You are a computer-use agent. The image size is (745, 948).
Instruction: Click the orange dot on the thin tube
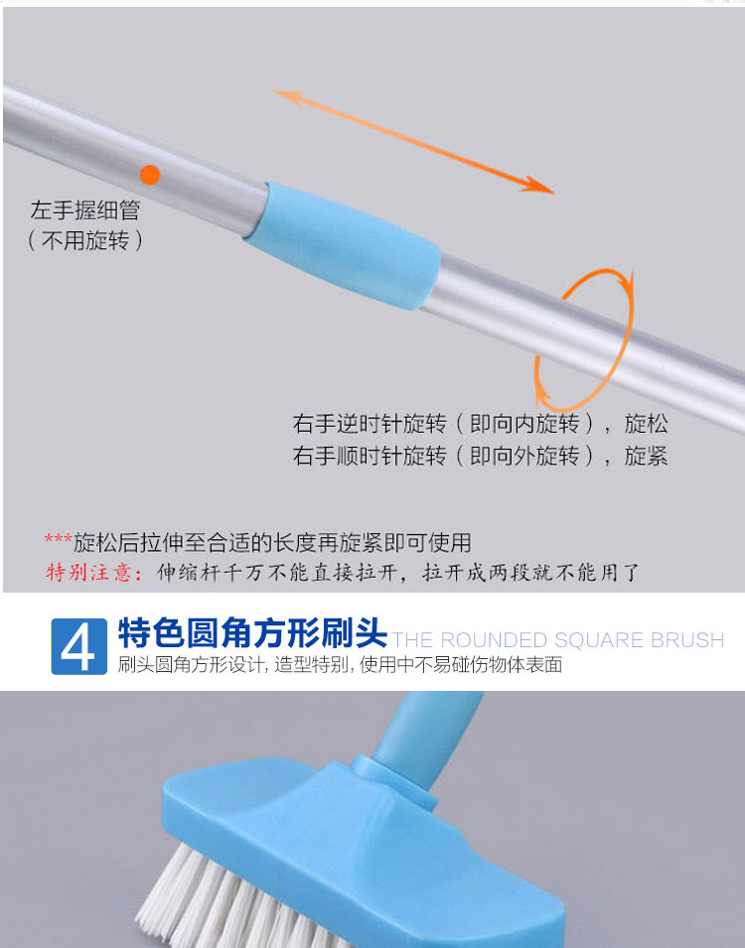tap(150, 175)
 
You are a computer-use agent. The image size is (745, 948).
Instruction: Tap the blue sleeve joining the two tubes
tap(343, 245)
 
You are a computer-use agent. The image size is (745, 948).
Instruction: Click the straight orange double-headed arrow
tap(413, 142)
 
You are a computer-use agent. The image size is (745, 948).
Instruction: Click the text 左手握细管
tap(85, 210)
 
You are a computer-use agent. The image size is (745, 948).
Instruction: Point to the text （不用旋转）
tap(85, 240)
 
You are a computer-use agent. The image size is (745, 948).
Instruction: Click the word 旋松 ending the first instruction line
tap(646, 423)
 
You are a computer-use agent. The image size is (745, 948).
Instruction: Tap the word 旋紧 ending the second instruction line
tap(646, 456)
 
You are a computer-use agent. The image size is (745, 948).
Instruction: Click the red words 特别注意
tap(89, 572)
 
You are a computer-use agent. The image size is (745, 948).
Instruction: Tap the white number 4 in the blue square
tap(78, 647)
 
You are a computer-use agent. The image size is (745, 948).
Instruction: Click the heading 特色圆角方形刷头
tap(252, 633)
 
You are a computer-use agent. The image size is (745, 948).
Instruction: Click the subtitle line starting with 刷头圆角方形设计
tap(340, 665)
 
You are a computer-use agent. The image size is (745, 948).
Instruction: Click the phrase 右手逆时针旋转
tap(370, 423)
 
